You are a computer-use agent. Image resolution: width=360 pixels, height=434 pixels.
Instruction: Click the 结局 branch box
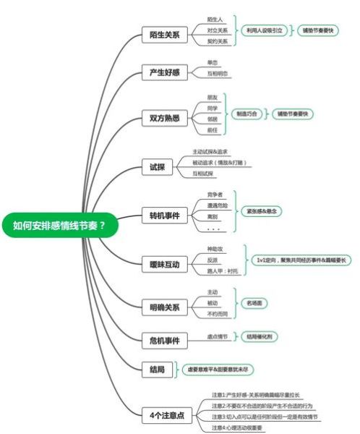155,370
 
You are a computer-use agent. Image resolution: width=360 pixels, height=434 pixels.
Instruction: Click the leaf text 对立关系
217,30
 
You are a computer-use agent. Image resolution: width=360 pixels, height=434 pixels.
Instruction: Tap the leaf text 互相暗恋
218,74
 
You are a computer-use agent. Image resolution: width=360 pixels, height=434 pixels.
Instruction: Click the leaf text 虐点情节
218,336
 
